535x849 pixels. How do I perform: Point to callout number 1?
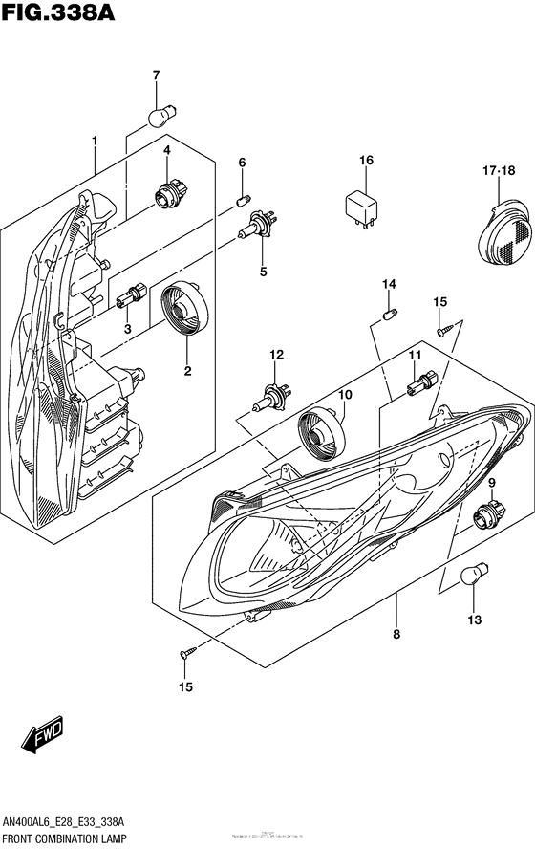[x=95, y=141]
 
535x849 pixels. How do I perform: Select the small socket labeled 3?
[x=130, y=299]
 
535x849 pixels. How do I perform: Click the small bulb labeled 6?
[x=243, y=201]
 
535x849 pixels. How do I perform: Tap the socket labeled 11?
[x=420, y=384]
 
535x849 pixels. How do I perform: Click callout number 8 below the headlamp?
[x=395, y=633]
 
